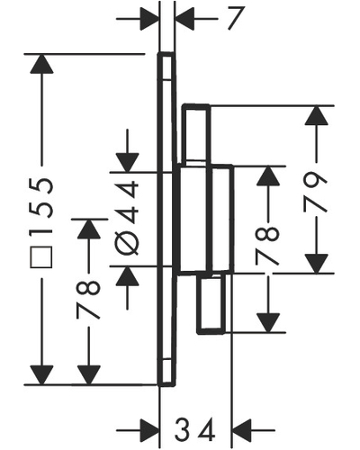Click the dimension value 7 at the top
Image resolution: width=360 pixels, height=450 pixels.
click(x=234, y=18)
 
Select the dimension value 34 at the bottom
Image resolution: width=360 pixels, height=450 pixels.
click(x=195, y=429)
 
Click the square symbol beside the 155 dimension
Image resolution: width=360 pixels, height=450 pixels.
click(x=41, y=257)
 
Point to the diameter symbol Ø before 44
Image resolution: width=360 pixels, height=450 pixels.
click(x=127, y=242)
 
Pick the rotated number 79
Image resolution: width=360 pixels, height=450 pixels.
click(x=316, y=193)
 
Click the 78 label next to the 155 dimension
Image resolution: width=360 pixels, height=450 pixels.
click(x=88, y=299)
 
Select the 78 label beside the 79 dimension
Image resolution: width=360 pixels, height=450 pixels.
click(x=268, y=246)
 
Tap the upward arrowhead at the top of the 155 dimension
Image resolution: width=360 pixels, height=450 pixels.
click(x=41, y=64)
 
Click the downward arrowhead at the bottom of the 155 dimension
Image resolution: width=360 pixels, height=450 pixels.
click(x=41, y=375)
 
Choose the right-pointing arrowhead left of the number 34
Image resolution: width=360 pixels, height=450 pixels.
click(x=149, y=430)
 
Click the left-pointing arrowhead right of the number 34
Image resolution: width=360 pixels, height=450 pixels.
click(x=242, y=430)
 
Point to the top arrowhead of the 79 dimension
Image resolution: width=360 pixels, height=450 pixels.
click(x=316, y=115)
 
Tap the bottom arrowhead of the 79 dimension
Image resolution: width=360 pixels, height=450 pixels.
click(x=316, y=264)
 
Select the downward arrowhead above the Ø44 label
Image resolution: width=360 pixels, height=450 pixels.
click(x=128, y=163)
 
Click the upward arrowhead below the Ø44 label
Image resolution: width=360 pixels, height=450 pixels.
click(x=128, y=276)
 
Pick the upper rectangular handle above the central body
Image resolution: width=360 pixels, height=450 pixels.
click(x=196, y=134)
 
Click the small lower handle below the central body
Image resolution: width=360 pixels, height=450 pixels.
click(x=211, y=304)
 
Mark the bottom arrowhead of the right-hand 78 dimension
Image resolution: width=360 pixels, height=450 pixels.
click(x=268, y=323)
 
